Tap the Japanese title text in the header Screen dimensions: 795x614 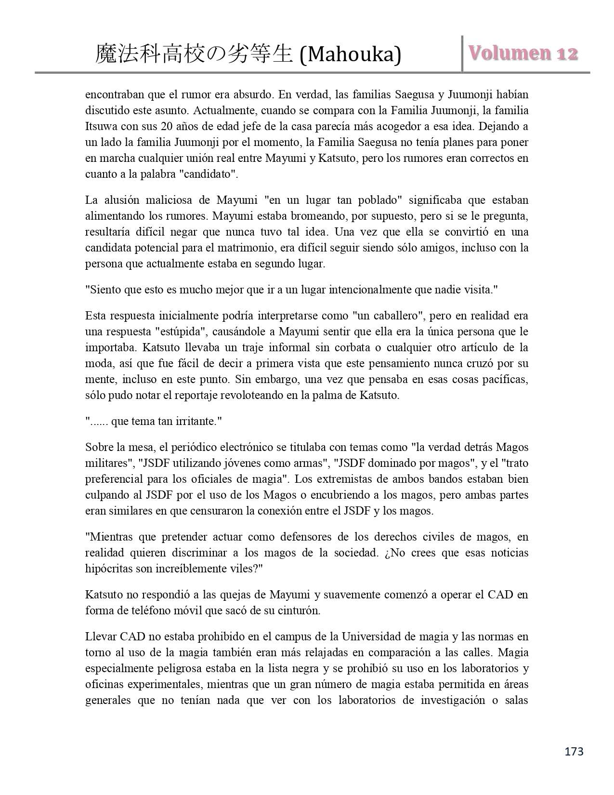click(194, 54)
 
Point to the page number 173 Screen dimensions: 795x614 click(574, 752)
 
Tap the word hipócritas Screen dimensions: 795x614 click(109, 569)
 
